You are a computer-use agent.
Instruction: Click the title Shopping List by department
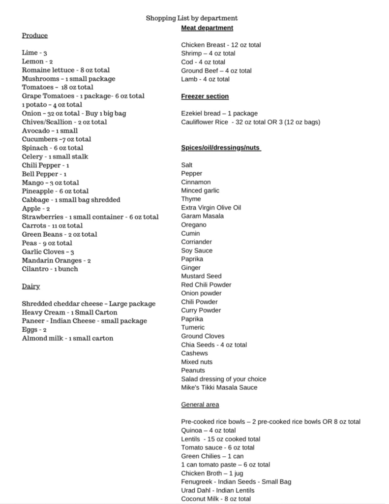[x=192, y=18]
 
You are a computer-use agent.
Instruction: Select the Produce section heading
[x=35, y=35]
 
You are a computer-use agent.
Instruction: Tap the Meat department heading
[x=207, y=28]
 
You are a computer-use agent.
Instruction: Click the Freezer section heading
[x=205, y=96]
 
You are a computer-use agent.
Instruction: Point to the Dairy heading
[x=31, y=286]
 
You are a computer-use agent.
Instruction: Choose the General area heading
[x=200, y=405]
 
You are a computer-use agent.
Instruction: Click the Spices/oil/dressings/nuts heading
[x=221, y=148]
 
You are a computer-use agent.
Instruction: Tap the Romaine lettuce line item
[x=66, y=70]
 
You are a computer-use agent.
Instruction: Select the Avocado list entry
[x=50, y=131]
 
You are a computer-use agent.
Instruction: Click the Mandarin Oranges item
[x=56, y=260]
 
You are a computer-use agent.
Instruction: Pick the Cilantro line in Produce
[x=50, y=269]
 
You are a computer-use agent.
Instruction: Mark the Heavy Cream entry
[x=69, y=313]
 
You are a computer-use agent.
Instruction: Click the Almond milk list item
[x=67, y=338]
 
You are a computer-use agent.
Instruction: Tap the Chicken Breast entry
[x=221, y=45]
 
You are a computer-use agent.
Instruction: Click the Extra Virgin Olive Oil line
[x=211, y=208]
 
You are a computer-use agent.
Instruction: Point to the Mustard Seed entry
[x=201, y=276]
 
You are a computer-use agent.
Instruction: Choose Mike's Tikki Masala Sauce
[x=219, y=387]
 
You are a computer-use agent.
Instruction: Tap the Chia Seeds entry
[x=214, y=345]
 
